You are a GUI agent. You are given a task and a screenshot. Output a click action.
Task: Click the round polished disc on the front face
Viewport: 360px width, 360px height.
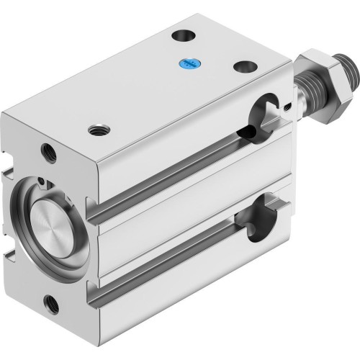49,220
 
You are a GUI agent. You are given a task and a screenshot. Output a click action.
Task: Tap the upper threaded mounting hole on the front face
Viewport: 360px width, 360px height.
48,152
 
